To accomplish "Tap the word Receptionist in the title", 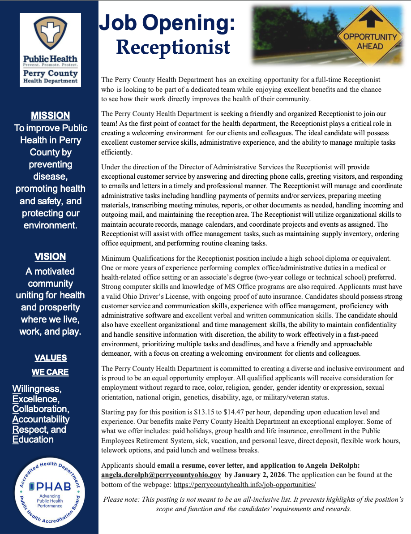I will point(173,47).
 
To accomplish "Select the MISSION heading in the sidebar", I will point(50,116).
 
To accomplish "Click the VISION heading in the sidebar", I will point(50,257).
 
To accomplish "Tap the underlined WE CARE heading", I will point(50,372).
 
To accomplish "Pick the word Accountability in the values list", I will point(41,419).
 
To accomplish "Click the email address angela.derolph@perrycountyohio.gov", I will point(161,475).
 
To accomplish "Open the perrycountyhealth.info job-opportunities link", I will point(245,485).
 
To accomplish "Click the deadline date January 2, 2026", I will point(260,475).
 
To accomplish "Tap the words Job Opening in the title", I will point(167,23).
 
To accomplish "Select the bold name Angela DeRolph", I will point(321,465).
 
